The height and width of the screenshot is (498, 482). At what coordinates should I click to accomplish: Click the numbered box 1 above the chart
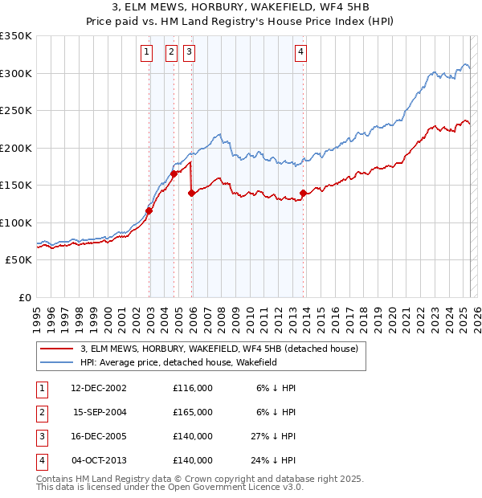(147, 53)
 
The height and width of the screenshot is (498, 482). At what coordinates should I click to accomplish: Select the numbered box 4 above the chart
(300, 53)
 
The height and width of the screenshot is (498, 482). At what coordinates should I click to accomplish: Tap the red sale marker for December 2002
(149, 211)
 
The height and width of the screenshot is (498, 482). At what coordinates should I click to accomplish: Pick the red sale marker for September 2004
(174, 173)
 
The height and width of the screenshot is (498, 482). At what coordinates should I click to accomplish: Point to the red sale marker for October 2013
(303, 193)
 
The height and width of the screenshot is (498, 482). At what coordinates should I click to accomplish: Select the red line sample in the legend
(56, 349)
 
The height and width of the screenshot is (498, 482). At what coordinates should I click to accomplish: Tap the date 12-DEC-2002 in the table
(99, 388)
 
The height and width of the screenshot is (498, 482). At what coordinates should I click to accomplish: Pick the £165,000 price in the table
(193, 412)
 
